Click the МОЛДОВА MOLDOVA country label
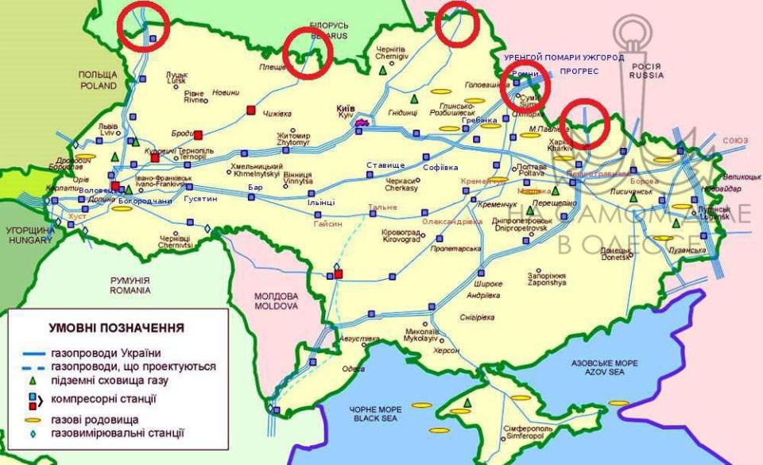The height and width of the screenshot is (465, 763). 276,300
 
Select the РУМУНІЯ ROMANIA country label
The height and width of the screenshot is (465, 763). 130,285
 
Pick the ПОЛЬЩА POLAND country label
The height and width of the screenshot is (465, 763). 97,79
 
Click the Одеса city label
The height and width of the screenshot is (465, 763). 349,369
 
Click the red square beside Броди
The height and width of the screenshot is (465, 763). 199,135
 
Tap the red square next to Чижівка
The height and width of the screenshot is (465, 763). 251,110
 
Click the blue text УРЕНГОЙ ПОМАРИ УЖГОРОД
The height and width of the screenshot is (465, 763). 564,58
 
